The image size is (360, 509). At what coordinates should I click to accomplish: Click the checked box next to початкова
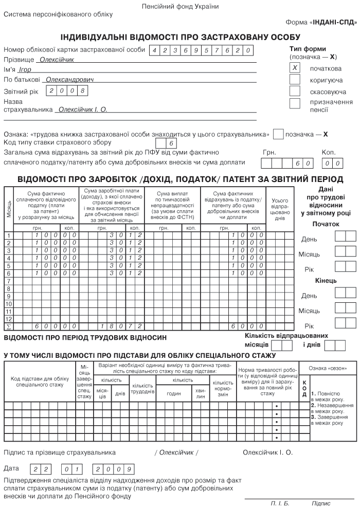295,68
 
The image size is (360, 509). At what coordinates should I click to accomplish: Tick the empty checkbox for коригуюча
295,80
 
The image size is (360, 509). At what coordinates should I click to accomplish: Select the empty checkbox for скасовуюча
295,92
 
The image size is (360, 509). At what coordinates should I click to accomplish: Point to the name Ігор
25,69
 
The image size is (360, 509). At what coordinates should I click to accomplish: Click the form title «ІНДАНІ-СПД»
333,23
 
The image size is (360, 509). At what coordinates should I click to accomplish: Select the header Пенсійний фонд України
180,6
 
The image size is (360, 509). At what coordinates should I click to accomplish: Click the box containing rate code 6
172,143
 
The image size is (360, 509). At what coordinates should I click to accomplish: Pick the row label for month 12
8,311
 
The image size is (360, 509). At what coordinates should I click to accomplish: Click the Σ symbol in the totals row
8,326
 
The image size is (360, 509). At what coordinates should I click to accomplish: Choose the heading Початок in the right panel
326,224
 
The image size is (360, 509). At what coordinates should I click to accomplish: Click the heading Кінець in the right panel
326,281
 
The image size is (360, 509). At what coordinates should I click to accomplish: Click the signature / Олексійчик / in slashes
176,452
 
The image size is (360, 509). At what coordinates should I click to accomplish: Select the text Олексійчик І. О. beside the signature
267,452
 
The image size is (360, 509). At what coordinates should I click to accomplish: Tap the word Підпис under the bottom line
321,503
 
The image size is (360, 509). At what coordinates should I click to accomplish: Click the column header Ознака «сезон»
331,368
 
